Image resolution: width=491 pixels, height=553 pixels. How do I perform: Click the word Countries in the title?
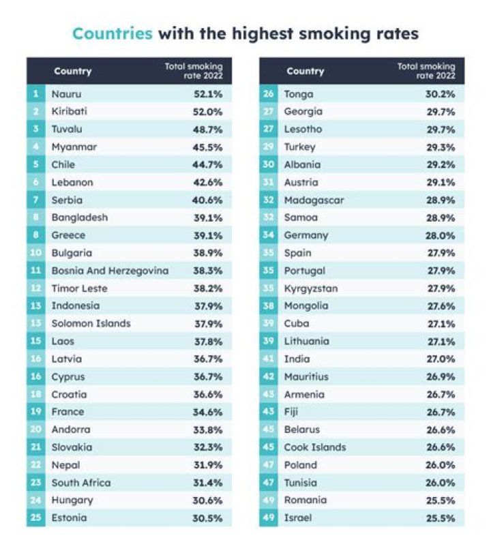(112, 33)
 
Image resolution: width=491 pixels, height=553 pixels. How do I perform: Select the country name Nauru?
(66, 93)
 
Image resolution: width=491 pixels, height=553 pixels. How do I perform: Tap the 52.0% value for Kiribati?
(208, 111)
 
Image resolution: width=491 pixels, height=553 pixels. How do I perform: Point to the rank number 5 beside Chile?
(35, 164)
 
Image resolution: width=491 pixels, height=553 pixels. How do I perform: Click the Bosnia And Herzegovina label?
(110, 271)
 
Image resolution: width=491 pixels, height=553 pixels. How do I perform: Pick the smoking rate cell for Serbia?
(208, 200)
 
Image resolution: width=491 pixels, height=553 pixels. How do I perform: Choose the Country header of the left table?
(72, 72)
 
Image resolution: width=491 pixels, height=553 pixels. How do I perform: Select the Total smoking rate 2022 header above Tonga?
(426, 71)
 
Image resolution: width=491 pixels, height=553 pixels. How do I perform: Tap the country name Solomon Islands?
(91, 323)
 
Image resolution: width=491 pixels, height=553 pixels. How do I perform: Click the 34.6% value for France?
(208, 412)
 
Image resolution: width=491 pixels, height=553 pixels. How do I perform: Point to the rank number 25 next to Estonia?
(35, 518)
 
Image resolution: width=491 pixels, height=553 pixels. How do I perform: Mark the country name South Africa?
(80, 483)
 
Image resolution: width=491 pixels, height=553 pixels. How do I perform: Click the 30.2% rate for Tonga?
(441, 93)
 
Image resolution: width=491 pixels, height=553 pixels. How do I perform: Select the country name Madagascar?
(314, 200)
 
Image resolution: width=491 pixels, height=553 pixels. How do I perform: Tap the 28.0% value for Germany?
(441, 235)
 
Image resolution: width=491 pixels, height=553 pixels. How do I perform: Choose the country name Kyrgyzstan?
(310, 288)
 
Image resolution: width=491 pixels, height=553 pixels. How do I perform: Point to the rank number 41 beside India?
(268, 359)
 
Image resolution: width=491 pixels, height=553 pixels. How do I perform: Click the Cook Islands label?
(314, 447)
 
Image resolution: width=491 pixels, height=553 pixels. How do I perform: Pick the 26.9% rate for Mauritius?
(441, 376)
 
